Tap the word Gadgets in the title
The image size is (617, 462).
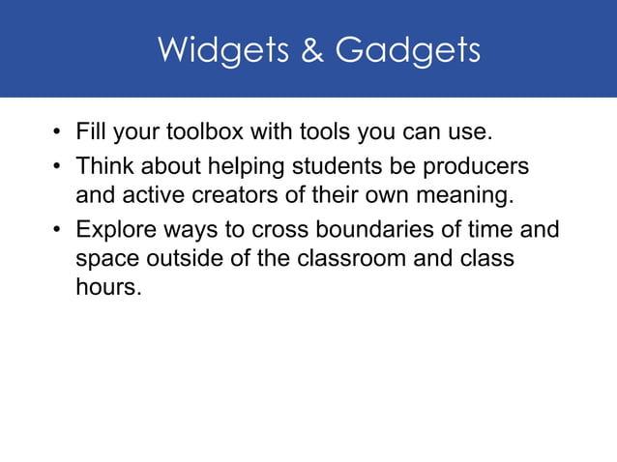(x=407, y=50)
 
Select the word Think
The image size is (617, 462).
(x=103, y=167)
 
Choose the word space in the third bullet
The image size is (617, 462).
(x=108, y=260)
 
